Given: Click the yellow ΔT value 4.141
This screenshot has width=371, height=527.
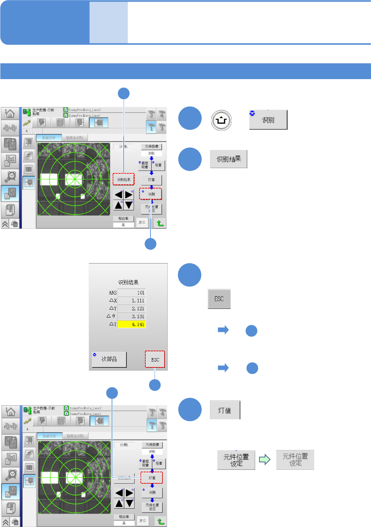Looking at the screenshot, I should point(132,324).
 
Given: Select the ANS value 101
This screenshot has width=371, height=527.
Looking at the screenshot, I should point(132,293).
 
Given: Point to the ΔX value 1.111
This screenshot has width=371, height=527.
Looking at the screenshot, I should point(132,301).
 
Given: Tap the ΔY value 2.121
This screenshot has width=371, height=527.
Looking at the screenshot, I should point(132,309).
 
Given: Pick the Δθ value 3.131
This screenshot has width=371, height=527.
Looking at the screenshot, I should point(132,316).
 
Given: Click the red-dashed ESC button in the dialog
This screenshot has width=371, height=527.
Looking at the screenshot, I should point(155,359).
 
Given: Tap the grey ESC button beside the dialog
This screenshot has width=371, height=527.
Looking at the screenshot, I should point(219,299).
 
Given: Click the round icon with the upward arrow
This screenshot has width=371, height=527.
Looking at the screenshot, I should point(221,120).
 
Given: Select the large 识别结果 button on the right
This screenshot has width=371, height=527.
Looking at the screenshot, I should point(228,159).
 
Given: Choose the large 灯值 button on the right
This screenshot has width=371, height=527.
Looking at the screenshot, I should point(225,410).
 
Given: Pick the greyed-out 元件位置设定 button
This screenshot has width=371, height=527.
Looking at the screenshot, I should point(295,460).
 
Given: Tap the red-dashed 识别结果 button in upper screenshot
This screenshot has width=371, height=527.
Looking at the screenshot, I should point(124,180).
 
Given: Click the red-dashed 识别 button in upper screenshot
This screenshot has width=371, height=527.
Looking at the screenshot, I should point(151,194).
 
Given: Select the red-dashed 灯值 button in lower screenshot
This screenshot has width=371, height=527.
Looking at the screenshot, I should point(152,478).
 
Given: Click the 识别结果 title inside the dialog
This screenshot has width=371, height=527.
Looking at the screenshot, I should point(128,282).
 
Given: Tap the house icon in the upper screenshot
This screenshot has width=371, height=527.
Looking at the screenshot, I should point(10,113).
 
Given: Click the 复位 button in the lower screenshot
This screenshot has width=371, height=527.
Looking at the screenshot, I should point(143,520).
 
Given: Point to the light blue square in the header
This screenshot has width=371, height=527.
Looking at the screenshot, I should point(109,23).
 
